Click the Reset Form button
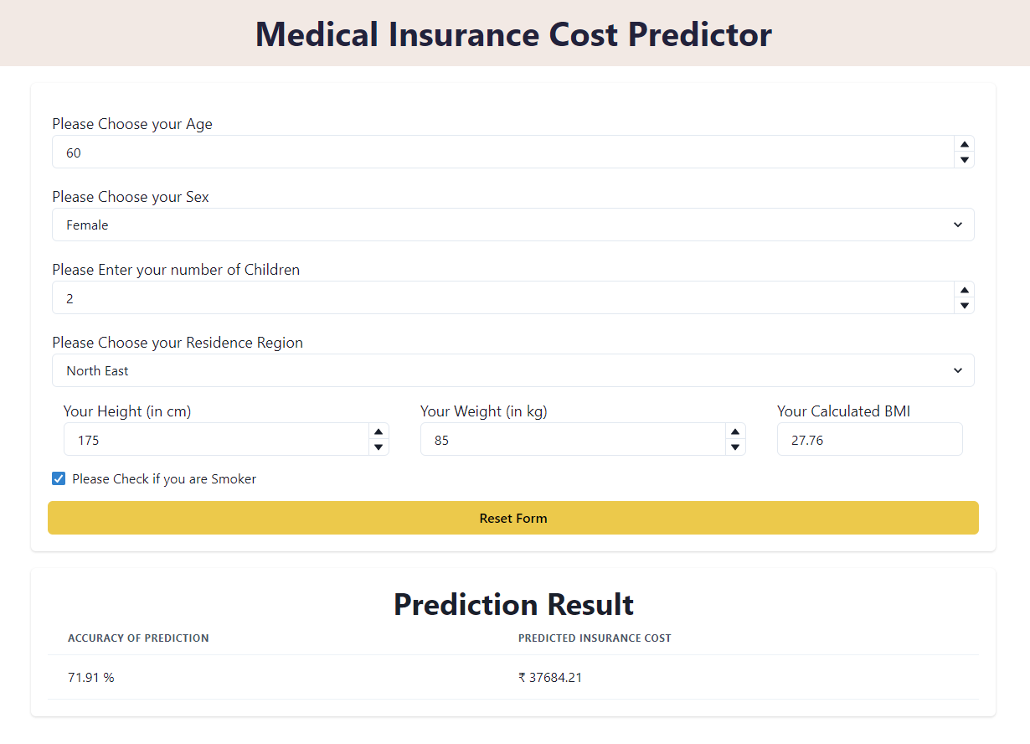512,518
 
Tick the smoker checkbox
59,479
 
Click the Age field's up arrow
965,145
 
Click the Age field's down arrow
965,160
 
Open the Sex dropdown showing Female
512,225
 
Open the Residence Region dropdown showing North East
512,370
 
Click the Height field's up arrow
379,432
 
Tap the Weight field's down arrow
735,447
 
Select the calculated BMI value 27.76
807,440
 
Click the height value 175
89,440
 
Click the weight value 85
441,440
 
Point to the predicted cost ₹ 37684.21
550,677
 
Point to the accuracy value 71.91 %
91,677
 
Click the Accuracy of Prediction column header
138,638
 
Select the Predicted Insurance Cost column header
595,638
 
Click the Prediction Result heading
513,604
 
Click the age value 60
74,152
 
